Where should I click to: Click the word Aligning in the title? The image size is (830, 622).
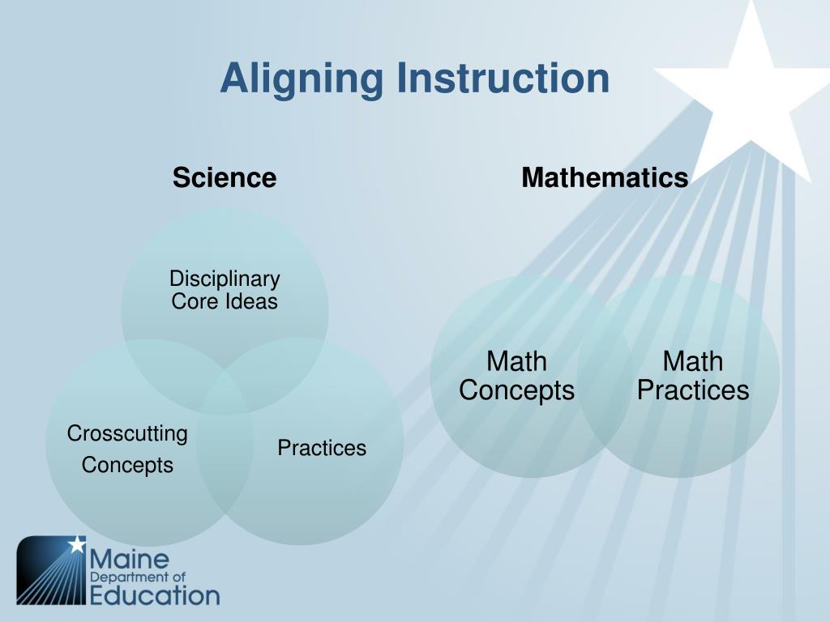(302, 79)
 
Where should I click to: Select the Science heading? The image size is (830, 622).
(225, 177)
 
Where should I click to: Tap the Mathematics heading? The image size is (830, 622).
(605, 177)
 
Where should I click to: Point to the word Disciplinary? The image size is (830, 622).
(225, 279)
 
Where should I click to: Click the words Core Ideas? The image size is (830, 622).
(225, 301)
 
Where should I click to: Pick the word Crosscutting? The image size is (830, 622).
(127, 434)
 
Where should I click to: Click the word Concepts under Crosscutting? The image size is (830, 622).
(127, 466)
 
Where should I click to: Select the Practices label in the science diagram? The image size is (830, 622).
(322, 448)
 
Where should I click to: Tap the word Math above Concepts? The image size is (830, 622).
(516, 362)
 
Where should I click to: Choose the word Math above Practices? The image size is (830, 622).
(693, 362)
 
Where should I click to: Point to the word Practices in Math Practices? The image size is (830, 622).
(693, 390)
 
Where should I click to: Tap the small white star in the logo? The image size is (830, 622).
(77, 544)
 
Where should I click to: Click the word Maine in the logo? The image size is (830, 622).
(130, 560)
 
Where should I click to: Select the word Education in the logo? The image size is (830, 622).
(155, 595)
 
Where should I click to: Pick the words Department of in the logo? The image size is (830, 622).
(138, 577)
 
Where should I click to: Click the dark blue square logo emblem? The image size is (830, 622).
(51, 570)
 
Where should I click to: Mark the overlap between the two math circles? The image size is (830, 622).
(605, 377)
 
